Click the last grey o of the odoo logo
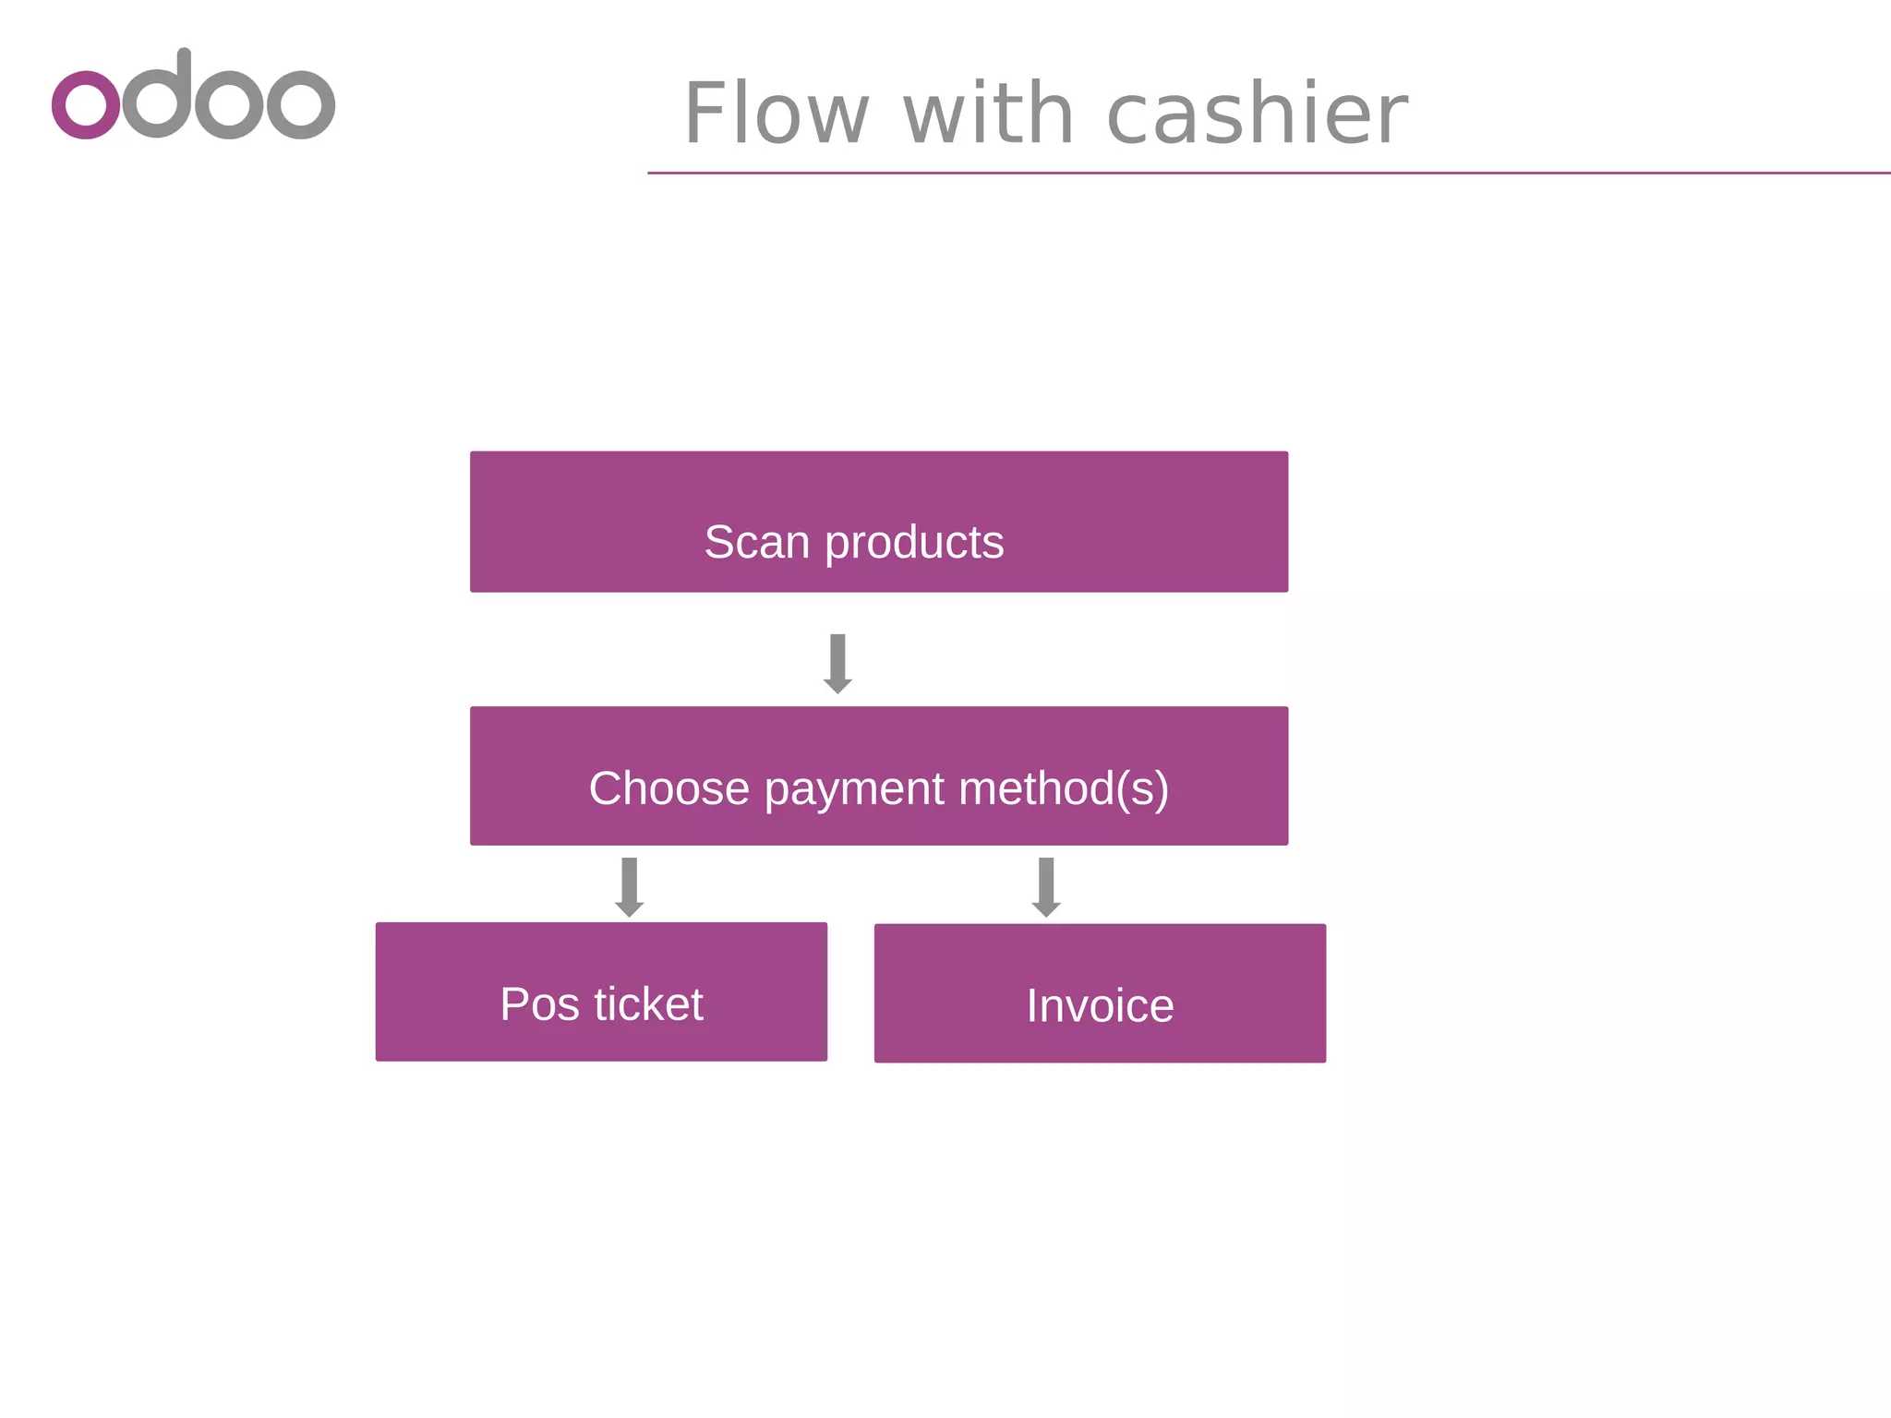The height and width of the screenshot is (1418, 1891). point(301,103)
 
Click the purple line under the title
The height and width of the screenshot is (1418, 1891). point(1265,173)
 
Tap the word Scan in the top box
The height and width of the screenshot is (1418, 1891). point(756,542)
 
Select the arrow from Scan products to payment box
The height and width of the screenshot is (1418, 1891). point(837,664)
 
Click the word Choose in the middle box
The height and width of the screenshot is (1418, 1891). point(668,788)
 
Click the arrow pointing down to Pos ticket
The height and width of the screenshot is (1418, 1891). point(629,887)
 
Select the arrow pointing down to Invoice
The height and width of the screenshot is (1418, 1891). point(1045,887)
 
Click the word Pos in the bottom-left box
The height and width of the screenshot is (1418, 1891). point(539,1004)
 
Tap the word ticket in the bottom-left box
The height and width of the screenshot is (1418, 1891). point(648,1004)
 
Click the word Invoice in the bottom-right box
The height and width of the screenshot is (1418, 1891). point(1100,1006)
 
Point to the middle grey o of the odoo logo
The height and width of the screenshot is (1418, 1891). point(230,103)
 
